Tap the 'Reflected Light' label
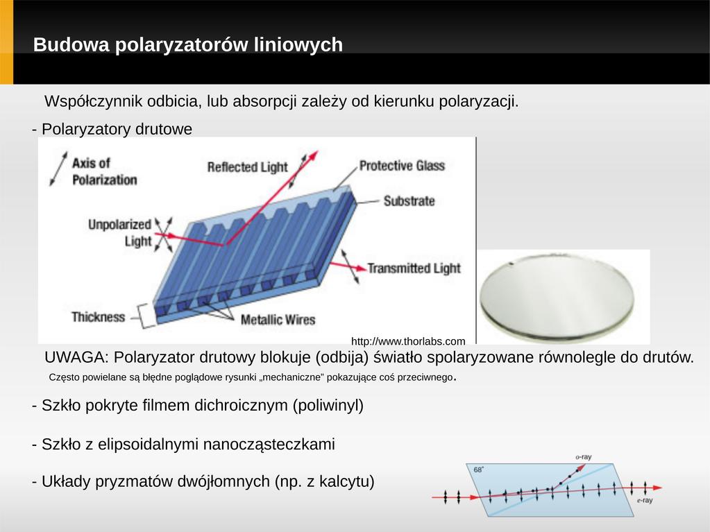[x=247, y=167]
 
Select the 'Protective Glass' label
[x=402, y=166]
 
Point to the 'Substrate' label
[x=409, y=201]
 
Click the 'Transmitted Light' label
[x=414, y=268]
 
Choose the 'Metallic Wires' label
[x=278, y=320]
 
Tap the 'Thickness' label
[x=98, y=317]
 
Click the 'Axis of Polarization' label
[x=104, y=171]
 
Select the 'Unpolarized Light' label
[x=120, y=232]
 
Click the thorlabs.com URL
[x=408, y=341]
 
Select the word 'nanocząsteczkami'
[x=269, y=444]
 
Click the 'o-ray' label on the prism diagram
[x=584, y=457]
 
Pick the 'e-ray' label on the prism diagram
[x=645, y=500]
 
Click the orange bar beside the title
[x=6, y=42]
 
